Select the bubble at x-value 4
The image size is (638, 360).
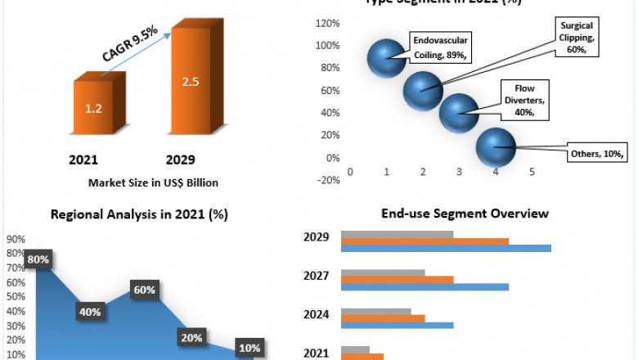495,146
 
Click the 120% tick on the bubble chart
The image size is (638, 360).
328,23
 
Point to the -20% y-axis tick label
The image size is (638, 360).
327,181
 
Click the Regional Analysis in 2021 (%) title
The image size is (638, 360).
139,214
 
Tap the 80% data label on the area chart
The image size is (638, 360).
38,260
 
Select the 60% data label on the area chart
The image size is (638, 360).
144,290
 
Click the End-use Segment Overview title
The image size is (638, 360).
465,214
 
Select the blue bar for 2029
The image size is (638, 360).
446,248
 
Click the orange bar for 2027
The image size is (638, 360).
397,279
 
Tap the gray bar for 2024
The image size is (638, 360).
375,311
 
